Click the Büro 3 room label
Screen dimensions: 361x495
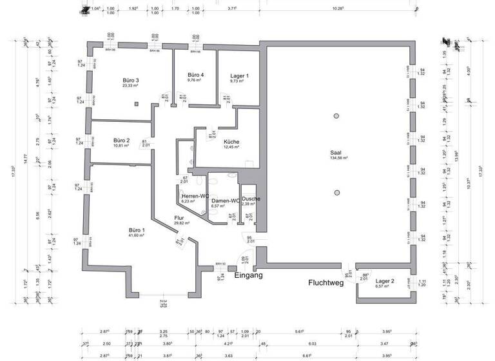tap(131, 80)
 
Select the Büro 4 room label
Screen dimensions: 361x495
tap(195, 75)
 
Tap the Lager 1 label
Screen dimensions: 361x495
tap(239, 75)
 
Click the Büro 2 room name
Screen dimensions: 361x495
tap(121, 140)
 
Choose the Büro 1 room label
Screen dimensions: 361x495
tap(136, 230)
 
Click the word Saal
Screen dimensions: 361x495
tap(335, 152)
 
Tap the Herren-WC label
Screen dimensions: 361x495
tap(194, 196)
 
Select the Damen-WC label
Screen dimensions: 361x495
tap(225, 200)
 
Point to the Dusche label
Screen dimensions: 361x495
tap(251, 199)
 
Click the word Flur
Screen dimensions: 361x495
tap(179, 218)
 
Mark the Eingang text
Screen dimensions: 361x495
tap(249, 275)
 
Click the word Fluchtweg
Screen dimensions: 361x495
tap(328, 282)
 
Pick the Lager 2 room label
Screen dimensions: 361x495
tap(385, 281)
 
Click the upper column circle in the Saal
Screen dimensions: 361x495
tap(336, 115)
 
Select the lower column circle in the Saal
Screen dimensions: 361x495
tap(336, 193)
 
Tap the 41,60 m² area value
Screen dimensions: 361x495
tap(136, 236)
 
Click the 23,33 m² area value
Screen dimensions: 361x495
tap(131, 86)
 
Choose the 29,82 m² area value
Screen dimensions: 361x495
tap(182, 224)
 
